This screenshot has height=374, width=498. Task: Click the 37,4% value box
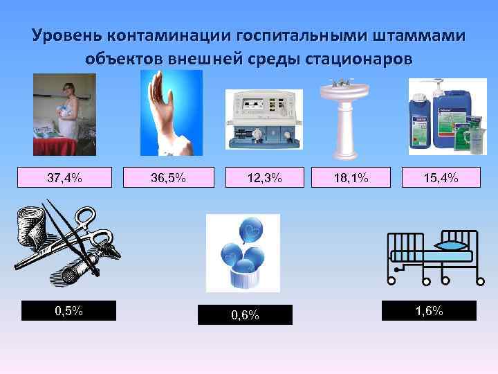pyautogui.click(x=64, y=177)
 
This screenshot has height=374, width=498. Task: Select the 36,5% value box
pyautogui.click(x=168, y=177)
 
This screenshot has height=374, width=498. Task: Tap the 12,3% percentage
pyautogui.click(x=265, y=177)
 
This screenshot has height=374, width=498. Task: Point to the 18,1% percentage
pyautogui.click(x=351, y=177)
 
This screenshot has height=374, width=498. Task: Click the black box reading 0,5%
pyautogui.click(x=68, y=310)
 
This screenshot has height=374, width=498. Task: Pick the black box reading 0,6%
pyautogui.click(x=245, y=315)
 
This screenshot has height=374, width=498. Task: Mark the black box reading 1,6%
pyautogui.click(x=429, y=310)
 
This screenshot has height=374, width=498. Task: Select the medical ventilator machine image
pyautogui.click(x=265, y=119)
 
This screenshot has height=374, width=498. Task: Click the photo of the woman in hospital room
pyautogui.click(x=64, y=115)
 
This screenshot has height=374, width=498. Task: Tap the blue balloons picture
pyautogui.click(x=243, y=252)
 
